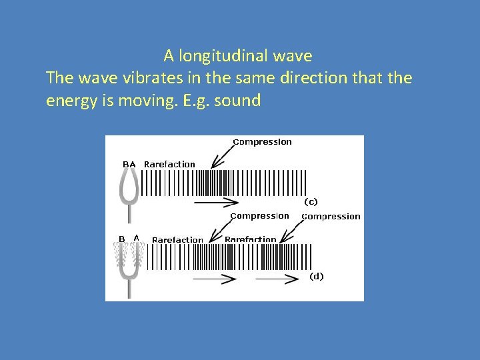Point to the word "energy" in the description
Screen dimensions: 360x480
coord(73,101)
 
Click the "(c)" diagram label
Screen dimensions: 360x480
coord(311,201)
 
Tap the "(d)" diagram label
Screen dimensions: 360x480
coord(316,276)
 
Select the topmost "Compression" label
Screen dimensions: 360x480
coord(262,142)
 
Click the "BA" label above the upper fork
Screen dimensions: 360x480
coord(129,164)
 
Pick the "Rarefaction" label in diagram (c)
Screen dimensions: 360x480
coord(169,164)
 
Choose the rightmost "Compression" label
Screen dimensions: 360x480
coord(331,217)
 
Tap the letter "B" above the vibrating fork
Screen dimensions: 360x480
coord(122,239)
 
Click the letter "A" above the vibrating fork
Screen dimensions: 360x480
coord(137,237)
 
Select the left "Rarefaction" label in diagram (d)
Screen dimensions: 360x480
coord(177,240)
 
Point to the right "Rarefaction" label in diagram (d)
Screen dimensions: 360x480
coord(250,239)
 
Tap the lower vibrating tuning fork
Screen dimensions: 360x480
coord(129,267)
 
